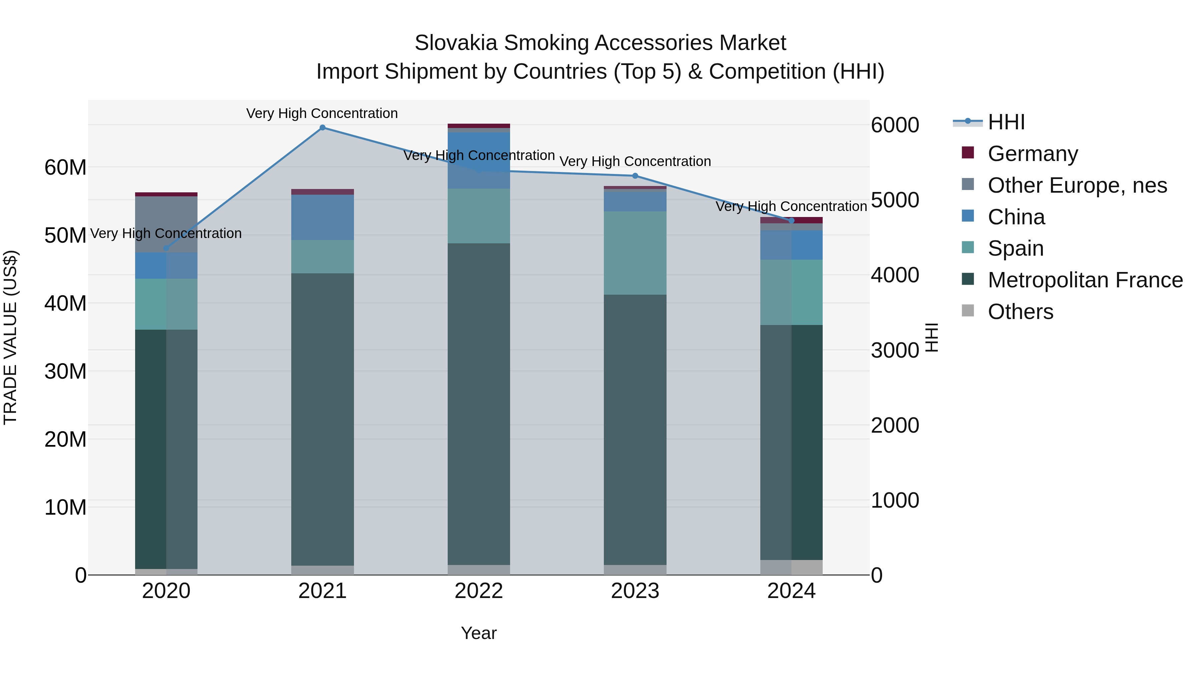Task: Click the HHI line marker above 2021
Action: pos(322,128)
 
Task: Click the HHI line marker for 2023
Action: pos(635,176)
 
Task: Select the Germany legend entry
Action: pos(1032,154)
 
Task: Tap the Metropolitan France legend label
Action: pos(1085,280)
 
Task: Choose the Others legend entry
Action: pos(1020,312)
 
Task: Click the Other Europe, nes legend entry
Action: pos(1077,185)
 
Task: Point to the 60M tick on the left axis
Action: pos(65,167)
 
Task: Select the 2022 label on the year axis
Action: pos(478,591)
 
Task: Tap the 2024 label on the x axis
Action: pos(791,591)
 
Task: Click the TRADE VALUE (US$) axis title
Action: pos(10,337)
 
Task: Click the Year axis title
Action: pos(478,633)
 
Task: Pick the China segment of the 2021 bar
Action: pos(322,217)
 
